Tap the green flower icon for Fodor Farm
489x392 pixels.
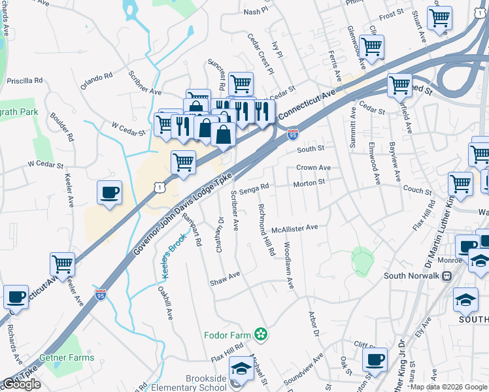pos(261,335)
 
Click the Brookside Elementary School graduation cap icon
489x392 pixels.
pos(241,369)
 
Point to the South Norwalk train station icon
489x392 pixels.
pos(447,276)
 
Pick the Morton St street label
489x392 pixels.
pos(309,184)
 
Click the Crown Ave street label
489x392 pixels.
pos(313,168)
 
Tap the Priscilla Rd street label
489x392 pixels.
pos(24,81)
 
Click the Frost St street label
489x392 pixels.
pos(391,14)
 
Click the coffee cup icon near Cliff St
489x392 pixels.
pos(375,359)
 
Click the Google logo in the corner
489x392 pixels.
pos(22,384)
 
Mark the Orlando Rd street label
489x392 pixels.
pos(96,82)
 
